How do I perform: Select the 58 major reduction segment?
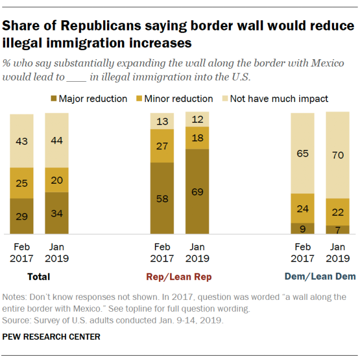162,199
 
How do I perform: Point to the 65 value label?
302,152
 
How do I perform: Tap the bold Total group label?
38,277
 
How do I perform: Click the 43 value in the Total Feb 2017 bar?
21,140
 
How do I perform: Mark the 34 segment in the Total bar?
57,213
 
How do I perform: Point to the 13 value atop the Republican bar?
162,121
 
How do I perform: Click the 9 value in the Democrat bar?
302,228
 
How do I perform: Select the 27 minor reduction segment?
162,146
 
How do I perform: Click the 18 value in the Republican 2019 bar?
197,138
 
